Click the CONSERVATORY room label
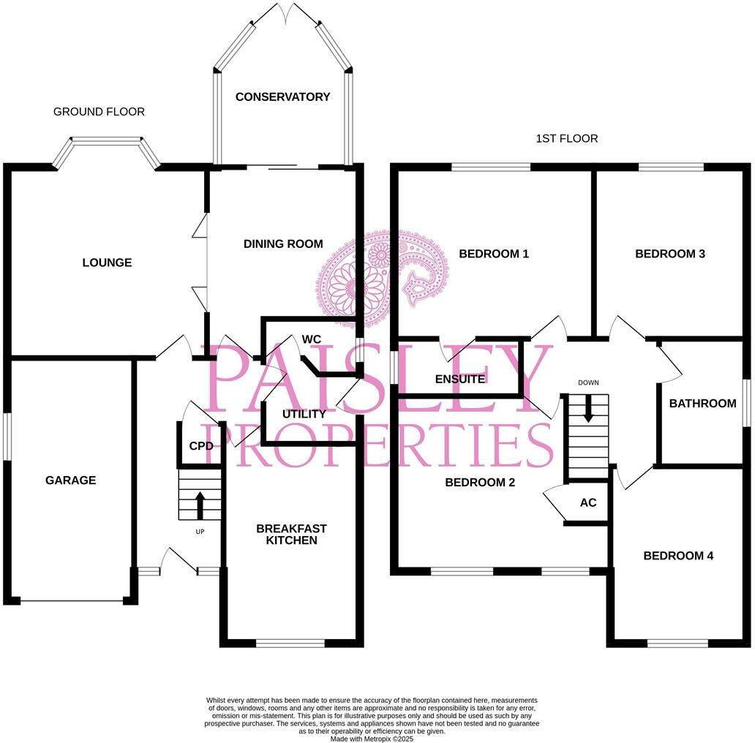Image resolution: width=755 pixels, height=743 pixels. pyautogui.click(x=282, y=97)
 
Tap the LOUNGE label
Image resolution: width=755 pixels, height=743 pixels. pyautogui.click(x=107, y=263)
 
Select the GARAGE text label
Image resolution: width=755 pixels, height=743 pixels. pyautogui.click(x=71, y=480)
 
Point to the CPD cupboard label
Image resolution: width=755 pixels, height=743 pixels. pyautogui.click(x=201, y=446)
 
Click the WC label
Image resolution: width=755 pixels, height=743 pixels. pyautogui.click(x=312, y=339)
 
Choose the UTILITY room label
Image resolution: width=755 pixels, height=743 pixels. pyautogui.click(x=304, y=414)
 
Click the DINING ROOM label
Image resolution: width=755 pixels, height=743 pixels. pyautogui.click(x=283, y=244)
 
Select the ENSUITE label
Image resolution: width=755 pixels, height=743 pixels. pyautogui.click(x=459, y=379)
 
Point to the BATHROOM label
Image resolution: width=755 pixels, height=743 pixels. pyautogui.click(x=702, y=403)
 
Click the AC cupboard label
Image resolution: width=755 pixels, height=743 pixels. pyautogui.click(x=588, y=503)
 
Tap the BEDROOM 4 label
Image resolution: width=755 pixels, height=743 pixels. pyautogui.click(x=678, y=556)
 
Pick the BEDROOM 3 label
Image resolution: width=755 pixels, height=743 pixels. pyautogui.click(x=670, y=254)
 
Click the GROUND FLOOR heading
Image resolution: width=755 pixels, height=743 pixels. pyautogui.click(x=99, y=112)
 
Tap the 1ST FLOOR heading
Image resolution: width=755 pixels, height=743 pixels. pyautogui.click(x=567, y=138)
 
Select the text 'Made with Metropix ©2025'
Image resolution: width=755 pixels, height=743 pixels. pyautogui.click(x=372, y=739)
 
